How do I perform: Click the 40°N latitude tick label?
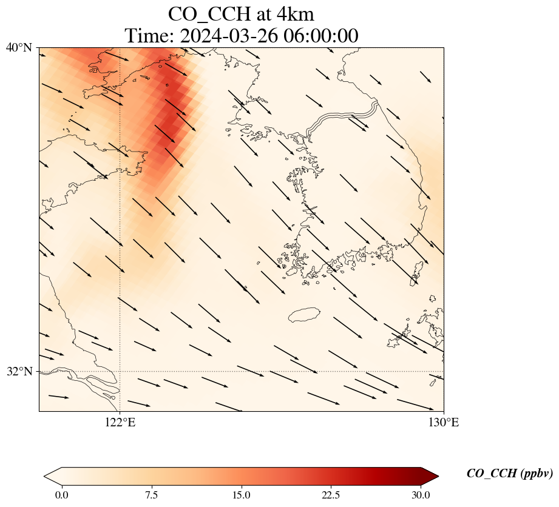pos(19,47)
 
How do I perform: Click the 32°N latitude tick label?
pos(19,372)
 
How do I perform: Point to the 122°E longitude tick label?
pos(120,423)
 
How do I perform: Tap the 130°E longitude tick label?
pos(444,423)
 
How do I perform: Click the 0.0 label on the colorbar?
pos(62,495)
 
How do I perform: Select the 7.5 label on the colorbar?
pos(152,495)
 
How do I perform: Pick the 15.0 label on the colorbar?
pos(242,495)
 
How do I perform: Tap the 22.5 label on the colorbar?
pos(331,495)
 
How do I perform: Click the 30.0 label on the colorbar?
pos(421,495)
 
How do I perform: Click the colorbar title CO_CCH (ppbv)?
pos(509,473)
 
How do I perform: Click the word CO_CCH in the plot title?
pos(209,15)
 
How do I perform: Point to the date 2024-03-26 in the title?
pos(229,36)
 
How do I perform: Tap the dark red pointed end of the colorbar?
pos(430,476)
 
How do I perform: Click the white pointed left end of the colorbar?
pos(53,476)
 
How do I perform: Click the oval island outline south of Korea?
pos(305,315)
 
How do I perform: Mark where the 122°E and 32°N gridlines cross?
pos(120,372)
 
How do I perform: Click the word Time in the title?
pos(147,36)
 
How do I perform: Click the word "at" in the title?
pos(263,15)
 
